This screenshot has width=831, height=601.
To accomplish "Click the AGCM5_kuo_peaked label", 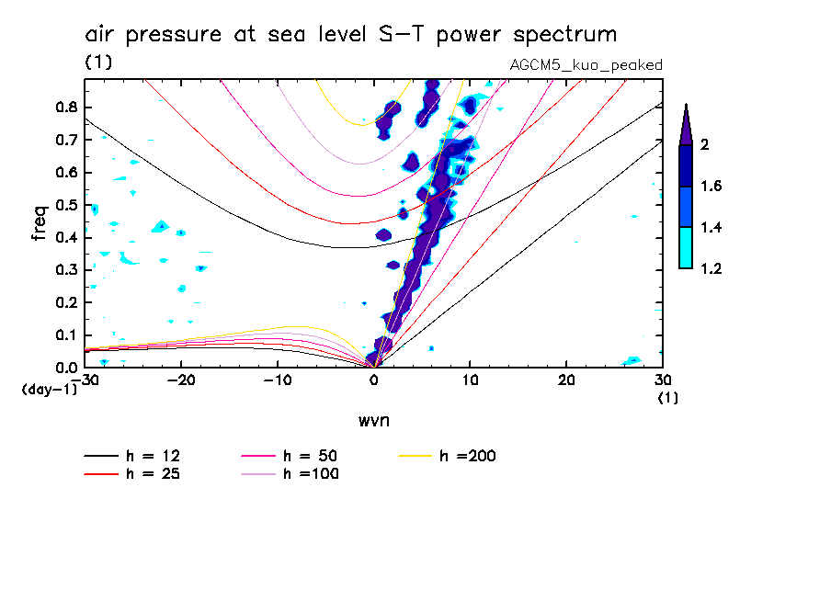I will [x=586, y=65].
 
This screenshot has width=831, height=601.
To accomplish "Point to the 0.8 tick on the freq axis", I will [x=66, y=107].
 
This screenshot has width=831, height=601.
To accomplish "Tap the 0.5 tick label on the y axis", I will [x=66, y=205].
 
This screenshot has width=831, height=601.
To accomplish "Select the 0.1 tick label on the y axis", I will [x=66, y=335].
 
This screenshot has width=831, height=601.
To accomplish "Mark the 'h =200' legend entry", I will [x=467, y=456].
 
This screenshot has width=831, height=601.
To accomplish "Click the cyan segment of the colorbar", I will [x=686, y=247].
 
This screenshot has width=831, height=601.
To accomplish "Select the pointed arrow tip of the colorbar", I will [x=686, y=116].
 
